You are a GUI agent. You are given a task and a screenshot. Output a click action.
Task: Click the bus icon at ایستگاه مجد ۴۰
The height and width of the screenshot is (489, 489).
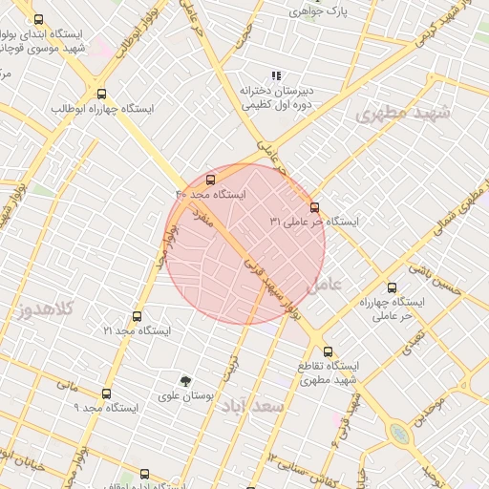(211, 179)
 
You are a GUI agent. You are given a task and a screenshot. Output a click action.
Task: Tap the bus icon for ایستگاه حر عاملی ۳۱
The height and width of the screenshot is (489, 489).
(314, 206)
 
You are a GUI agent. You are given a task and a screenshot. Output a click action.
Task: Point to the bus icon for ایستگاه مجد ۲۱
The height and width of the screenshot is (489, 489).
(137, 316)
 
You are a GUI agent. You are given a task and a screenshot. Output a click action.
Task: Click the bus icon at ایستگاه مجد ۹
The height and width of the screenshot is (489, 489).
(106, 393)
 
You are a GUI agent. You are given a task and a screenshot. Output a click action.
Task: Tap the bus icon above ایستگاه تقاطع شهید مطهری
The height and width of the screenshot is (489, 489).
(329, 351)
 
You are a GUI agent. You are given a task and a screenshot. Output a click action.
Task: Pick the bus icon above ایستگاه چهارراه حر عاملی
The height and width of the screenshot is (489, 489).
(392, 287)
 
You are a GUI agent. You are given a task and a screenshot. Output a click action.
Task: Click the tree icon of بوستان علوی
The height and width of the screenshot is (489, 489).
(186, 380)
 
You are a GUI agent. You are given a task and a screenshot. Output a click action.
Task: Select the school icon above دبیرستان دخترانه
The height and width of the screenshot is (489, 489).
(276, 75)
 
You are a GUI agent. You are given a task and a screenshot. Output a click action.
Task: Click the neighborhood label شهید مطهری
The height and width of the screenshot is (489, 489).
(401, 114)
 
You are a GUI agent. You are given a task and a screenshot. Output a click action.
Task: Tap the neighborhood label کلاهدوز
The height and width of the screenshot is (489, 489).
(46, 309)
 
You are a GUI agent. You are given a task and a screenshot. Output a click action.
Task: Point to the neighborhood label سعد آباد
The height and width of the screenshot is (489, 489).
(253, 407)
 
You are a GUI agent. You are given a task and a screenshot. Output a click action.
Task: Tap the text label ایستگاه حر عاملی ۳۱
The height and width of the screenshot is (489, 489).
(314, 222)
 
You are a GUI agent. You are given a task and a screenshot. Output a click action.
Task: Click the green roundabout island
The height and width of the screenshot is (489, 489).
(399, 435)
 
